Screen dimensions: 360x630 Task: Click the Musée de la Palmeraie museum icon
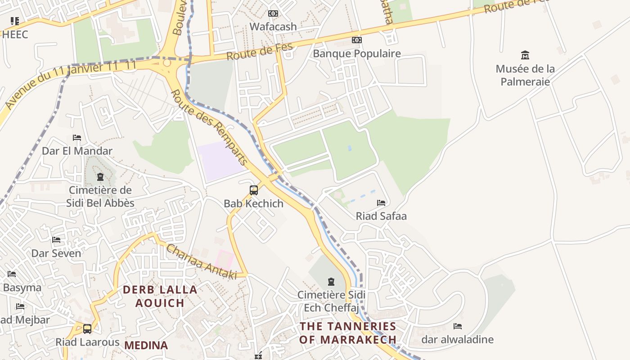pyautogui.click(x=525, y=55)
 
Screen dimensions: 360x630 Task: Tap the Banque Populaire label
pyautogui.click(x=356, y=54)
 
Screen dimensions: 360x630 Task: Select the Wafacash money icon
pyautogui.click(x=273, y=13)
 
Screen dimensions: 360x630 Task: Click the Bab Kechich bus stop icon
pyautogui.click(x=254, y=190)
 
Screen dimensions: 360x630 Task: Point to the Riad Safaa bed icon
pyautogui.click(x=381, y=203)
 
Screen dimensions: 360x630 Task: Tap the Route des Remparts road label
pyautogui.click(x=210, y=127)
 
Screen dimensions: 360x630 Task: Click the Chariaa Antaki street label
pyautogui.click(x=201, y=261)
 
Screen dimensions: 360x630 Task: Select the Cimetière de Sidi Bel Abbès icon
pyautogui.click(x=100, y=177)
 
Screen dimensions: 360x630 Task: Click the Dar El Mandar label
pyautogui.click(x=77, y=151)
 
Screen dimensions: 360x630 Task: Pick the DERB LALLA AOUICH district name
pyautogui.click(x=160, y=296)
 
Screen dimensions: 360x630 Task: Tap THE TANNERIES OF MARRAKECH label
pyautogui.click(x=348, y=333)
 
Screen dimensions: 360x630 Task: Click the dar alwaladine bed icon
pyautogui.click(x=458, y=326)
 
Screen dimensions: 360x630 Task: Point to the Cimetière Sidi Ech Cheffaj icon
pyautogui.click(x=331, y=282)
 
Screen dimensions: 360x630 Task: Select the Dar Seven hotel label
pyautogui.click(x=56, y=253)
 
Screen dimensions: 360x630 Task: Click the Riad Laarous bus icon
pyautogui.click(x=87, y=329)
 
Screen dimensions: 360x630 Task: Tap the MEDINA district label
pyautogui.click(x=146, y=345)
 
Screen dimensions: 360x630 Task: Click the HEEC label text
pyautogui.click(x=15, y=34)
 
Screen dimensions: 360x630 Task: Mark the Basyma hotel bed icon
pyautogui.click(x=12, y=274)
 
